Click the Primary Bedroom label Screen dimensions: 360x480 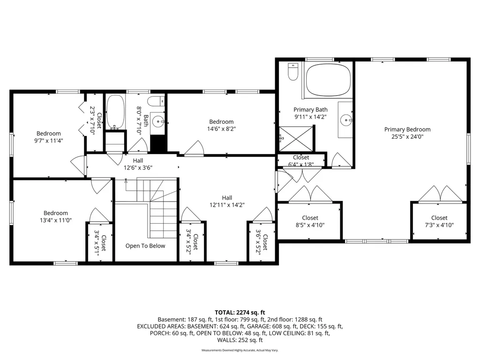407,129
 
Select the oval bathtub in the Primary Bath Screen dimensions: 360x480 328,79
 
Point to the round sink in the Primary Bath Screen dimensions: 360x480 347,120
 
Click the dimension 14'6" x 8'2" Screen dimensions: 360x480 221,129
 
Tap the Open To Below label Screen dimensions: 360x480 145,246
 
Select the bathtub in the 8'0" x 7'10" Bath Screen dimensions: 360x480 115,112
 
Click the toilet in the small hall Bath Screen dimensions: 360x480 155,101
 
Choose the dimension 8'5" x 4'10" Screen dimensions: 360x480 310,225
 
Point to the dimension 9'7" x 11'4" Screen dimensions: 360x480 49,140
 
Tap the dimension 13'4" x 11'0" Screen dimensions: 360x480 56,220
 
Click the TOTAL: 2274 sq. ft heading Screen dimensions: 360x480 240,312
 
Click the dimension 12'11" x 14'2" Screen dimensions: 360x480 227,205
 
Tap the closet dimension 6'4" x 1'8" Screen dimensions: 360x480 301,165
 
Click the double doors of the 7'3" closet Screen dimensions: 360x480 439,194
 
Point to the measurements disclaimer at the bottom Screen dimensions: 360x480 240,350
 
